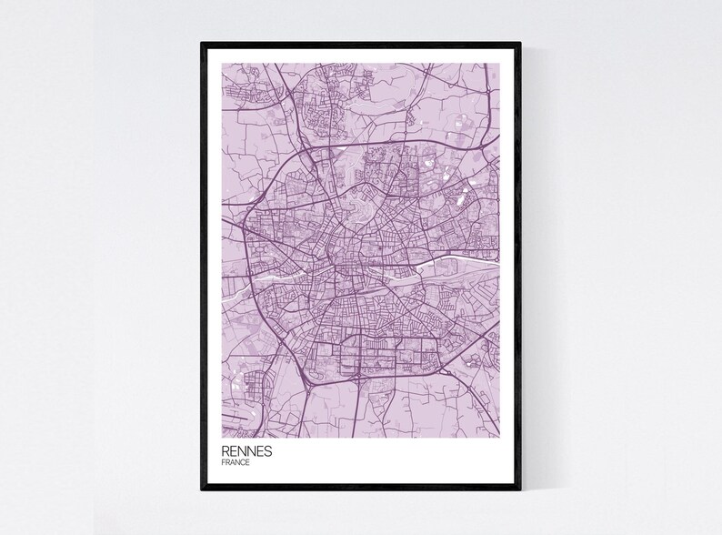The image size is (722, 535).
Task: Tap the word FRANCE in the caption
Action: point(236,463)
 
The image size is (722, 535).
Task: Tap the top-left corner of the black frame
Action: point(203,44)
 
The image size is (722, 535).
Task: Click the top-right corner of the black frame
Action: point(519,44)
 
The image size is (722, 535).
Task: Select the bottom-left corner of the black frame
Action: point(203,490)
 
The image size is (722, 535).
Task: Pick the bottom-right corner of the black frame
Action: point(519,490)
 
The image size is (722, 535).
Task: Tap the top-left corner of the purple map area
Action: point(222,63)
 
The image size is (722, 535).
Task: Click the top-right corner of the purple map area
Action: point(500,63)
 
